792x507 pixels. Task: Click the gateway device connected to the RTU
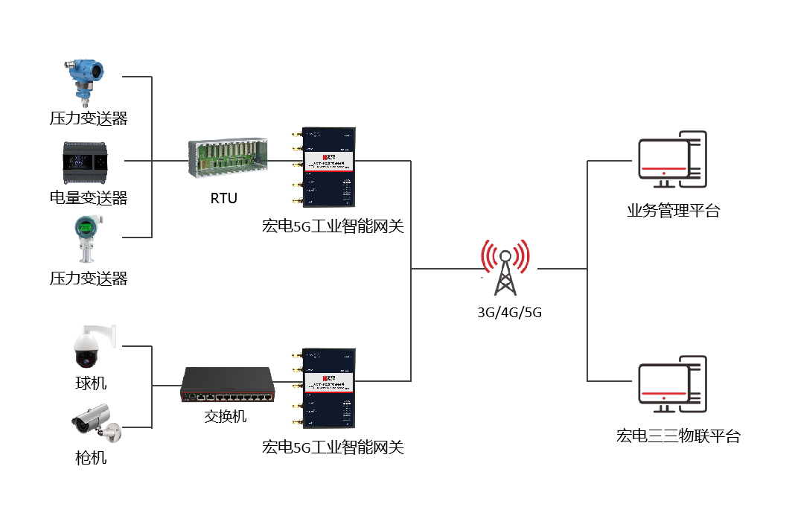pos(326,166)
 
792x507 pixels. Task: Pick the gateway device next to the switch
pos(326,389)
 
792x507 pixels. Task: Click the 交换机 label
pos(226,416)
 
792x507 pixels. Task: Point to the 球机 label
pos(91,383)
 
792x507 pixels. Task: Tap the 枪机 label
pos(91,457)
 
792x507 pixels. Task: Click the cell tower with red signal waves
pos(505,268)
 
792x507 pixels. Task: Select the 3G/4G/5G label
pos(509,313)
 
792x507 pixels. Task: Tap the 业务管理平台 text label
pos(674,211)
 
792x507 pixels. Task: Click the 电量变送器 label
pos(88,197)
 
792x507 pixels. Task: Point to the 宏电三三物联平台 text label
pos(678,436)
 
